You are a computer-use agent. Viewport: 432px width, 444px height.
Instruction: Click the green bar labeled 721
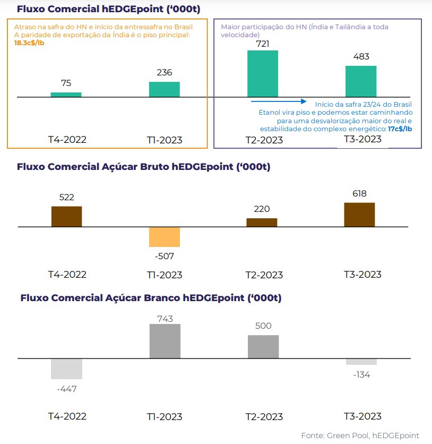pos(263,73)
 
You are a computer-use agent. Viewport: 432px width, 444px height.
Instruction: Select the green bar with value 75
pos(66,95)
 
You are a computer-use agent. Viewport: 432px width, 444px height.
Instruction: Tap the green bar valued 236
pos(165,89)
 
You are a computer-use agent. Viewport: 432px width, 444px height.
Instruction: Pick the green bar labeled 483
pos(361,81)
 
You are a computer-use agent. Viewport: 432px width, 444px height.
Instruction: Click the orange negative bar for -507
pos(165,237)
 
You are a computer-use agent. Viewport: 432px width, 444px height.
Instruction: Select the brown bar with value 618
pos(359,215)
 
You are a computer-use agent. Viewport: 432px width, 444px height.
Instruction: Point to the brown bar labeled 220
pos(262,223)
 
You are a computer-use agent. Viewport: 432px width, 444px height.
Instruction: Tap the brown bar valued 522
pos(66,216)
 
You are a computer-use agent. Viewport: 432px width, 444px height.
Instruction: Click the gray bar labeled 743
pos(165,341)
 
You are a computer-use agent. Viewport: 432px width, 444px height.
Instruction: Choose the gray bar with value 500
pos(263,347)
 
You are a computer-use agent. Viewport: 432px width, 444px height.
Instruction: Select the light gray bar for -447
pos(66,369)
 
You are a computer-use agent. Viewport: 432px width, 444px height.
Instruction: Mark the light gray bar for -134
pos(361,362)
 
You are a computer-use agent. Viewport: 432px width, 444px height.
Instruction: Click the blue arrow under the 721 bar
pos(279,101)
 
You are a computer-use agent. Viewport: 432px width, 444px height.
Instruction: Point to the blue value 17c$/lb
pos(400,129)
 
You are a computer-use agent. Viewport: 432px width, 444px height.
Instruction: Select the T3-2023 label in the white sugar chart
pos(362,416)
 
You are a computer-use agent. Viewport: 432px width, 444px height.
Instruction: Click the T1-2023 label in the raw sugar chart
pos(165,275)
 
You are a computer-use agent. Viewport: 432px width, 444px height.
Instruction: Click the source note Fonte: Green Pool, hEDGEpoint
pos(360,436)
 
